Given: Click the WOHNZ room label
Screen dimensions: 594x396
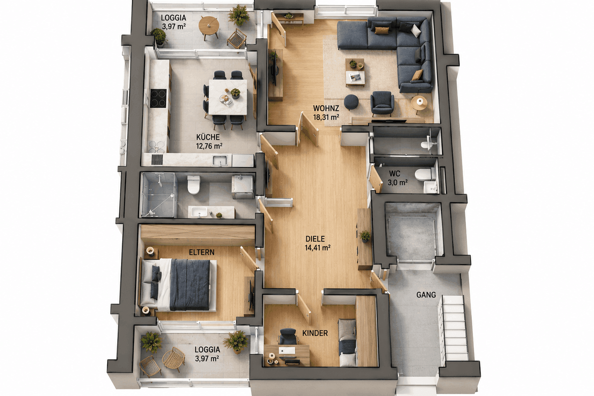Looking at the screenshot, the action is [326, 108].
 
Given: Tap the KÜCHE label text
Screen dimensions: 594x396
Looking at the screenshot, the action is [208, 137].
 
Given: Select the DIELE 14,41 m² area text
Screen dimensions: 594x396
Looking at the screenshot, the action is [317, 243].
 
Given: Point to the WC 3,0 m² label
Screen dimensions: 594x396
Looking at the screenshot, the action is [398, 178].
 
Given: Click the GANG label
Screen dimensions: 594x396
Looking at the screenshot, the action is [426, 295].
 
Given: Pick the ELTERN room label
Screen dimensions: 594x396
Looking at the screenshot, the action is [201, 252].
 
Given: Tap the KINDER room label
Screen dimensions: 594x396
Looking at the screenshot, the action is [315, 333].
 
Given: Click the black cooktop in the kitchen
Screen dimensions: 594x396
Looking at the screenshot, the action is [158, 98].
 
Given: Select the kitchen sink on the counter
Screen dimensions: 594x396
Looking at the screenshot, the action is [220, 161].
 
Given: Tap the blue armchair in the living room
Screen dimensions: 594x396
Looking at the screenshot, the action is [382, 103].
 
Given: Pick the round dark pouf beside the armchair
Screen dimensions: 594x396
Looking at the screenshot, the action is [352, 102].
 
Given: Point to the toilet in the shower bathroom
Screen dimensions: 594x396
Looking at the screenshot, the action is [194, 184].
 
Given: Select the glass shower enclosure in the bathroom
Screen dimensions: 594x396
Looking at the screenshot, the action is [159, 195].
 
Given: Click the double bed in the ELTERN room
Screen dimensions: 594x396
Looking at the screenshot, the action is [179, 285].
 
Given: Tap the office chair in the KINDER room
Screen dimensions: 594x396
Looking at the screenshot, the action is [287, 336].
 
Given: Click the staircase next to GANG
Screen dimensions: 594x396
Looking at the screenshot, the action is [454, 328].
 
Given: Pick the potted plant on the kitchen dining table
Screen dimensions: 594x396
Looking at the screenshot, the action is [235, 93].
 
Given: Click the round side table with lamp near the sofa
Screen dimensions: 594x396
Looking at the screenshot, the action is [419, 104].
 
